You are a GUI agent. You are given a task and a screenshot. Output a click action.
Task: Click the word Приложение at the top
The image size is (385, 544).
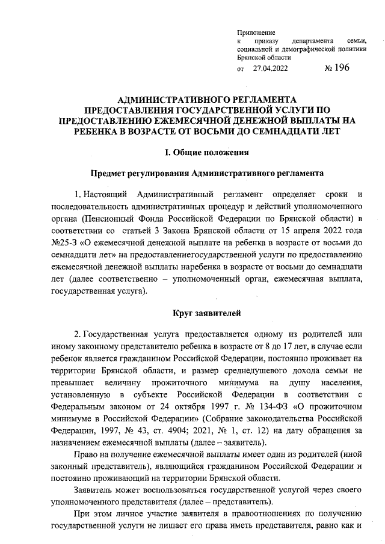256,31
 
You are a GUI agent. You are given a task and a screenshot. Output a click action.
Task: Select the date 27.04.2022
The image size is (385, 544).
271,69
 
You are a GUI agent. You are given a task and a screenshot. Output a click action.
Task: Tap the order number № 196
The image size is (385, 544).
336,68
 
